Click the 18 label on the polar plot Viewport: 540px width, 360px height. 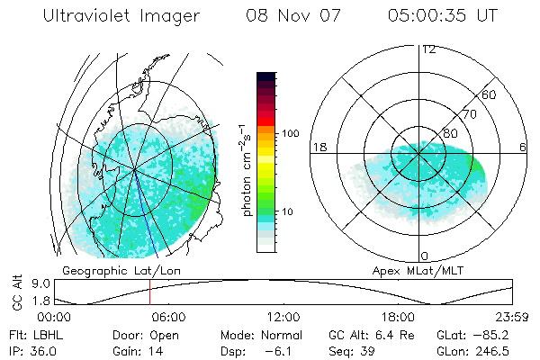coord(318,147)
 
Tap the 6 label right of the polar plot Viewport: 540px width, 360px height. coord(523,147)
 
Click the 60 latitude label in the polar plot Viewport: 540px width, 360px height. coord(490,94)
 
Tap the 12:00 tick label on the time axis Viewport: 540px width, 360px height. coord(283,317)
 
